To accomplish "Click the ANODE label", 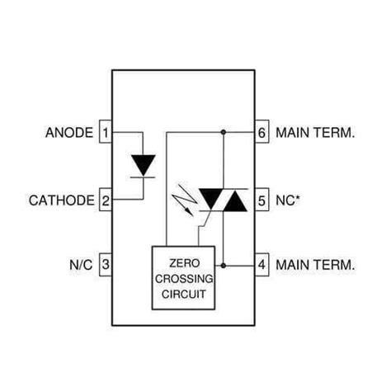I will click(68, 132).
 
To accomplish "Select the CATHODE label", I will click(63, 200).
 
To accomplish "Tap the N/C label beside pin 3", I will click(80, 266).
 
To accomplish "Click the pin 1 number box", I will click(106, 132).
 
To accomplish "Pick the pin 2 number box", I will click(106, 200).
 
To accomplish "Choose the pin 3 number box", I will click(106, 266).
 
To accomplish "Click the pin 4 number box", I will click(261, 266).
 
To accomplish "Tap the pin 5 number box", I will click(261, 200).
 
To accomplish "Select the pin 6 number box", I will click(261, 132).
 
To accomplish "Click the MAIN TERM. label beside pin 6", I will click(316, 132).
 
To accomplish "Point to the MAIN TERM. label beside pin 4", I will click(316, 266).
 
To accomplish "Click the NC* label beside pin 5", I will click(288, 200).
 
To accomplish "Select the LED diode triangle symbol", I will click(144, 165).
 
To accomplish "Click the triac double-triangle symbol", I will click(224, 200).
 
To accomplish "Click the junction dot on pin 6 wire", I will click(224, 132).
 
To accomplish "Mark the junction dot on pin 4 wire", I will click(224, 266).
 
